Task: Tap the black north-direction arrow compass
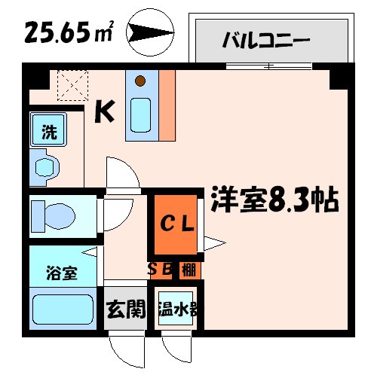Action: (150, 32)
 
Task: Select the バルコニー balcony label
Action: (265, 38)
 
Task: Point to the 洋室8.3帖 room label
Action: (274, 200)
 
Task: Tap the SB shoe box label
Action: (162, 269)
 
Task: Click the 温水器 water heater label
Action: (178, 309)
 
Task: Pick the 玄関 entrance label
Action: (124, 309)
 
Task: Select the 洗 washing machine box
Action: (48, 133)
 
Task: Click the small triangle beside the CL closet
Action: (212, 243)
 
